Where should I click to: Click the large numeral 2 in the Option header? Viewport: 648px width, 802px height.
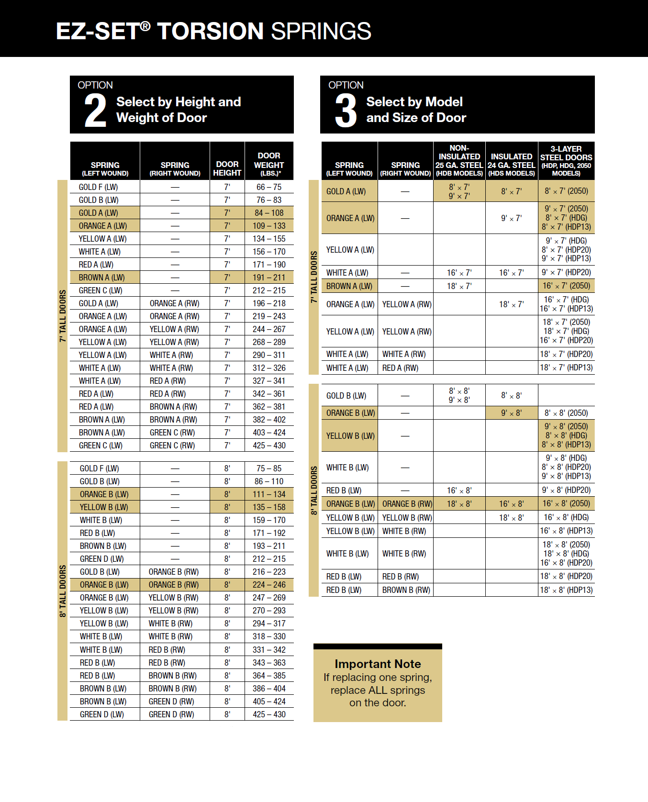pyautogui.click(x=95, y=111)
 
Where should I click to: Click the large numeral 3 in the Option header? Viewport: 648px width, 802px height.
pyautogui.click(x=346, y=111)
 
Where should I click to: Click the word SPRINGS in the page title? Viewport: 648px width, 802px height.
pyautogui.click(x=321, y=31)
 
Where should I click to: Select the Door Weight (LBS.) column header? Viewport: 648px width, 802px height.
pyautogui.click(x=269, y=164)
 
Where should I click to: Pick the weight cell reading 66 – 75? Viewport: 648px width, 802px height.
pyautogui.click(x=269, y=187)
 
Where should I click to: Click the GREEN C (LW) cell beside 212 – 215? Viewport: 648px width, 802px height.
pyautogui.click(x=101, y=290)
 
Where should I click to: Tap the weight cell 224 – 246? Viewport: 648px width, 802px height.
pyautogui.click(x=269, y=585)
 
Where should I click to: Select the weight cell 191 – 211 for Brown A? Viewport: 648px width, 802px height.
pyautogui.click(x=269, y=278)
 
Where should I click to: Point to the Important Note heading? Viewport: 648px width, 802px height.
pyautogui.click(x=378, y=664)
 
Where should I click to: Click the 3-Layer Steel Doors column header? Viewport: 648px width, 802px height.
pyautogui.click(x=566, y=161)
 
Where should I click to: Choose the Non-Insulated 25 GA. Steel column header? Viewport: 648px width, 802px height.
pyautogui.click(x=459, y=161)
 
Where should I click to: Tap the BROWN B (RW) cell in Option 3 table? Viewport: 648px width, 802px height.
pyautogui.click(x=406, y=590)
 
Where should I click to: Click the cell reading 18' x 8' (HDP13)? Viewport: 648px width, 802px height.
pyautogui.click(x=566, y=590)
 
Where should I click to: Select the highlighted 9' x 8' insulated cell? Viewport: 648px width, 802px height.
pyautogui.click(x=511, y=413)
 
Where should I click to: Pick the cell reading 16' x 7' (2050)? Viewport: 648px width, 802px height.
pyautogui.click(x=566, y=286)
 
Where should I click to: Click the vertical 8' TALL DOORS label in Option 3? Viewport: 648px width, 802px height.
pyautogui.click(x=314, y=490)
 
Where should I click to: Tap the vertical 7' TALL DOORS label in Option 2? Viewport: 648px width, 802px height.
pyautogui.click(x=63, y=316)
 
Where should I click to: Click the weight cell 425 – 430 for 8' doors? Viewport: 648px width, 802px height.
pyautogui.click(x=269, y=714)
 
